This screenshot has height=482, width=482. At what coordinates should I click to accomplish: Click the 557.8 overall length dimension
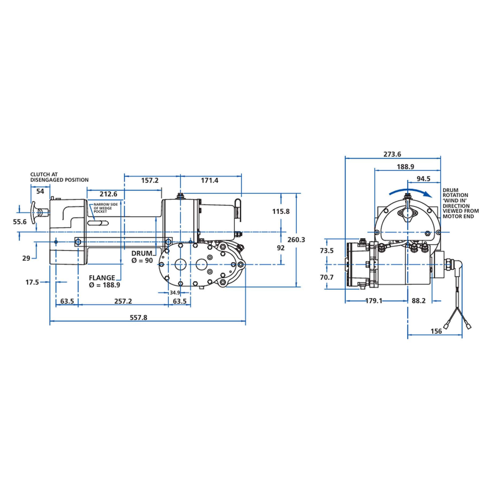[138, 318]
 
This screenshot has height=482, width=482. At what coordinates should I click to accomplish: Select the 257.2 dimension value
[123, 301]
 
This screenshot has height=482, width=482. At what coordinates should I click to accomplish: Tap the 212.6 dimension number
[108, 194]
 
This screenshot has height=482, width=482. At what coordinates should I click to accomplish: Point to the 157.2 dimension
[150, 180]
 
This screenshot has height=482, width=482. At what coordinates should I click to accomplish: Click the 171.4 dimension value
[210, 180]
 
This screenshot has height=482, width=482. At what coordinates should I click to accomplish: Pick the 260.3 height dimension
[296, 240]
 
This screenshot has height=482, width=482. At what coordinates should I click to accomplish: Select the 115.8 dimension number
[281, 212]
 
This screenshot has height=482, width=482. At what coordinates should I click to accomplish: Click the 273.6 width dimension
[392, 154]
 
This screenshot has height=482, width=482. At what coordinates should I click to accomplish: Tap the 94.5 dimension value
[423, 179]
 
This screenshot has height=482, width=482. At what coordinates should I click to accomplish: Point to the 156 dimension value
[436, 331]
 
